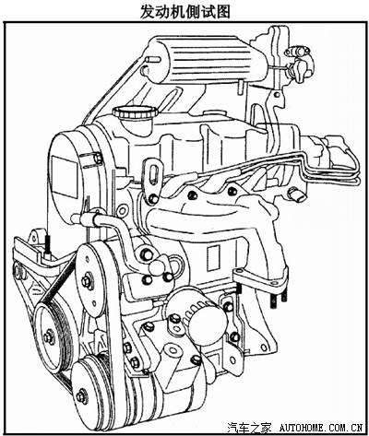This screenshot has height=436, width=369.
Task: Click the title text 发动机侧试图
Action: coord(184,12)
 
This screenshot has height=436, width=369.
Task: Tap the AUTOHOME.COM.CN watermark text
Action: coord(321,427)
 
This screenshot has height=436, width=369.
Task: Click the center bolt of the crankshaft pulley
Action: coord(82,396)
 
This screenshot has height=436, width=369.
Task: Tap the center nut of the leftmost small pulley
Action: coord(48,336)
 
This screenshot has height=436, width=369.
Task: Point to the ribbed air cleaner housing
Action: coord(206,59)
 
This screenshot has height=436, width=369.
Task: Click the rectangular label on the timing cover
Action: coord(64,176)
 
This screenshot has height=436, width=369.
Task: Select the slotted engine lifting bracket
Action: coord(151,181)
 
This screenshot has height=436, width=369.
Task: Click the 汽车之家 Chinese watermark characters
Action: coord(249,427)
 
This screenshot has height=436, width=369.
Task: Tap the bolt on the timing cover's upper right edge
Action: coord(98,159)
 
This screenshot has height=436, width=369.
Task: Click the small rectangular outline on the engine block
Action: coord(213,258)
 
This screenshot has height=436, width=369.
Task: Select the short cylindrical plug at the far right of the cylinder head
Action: coord(297,194)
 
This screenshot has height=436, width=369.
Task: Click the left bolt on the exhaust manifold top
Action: coord(193,194)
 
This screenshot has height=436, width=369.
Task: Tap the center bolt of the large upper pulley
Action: coord(87,281)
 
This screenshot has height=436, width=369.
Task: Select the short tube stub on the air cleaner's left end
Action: coord(152,59)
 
